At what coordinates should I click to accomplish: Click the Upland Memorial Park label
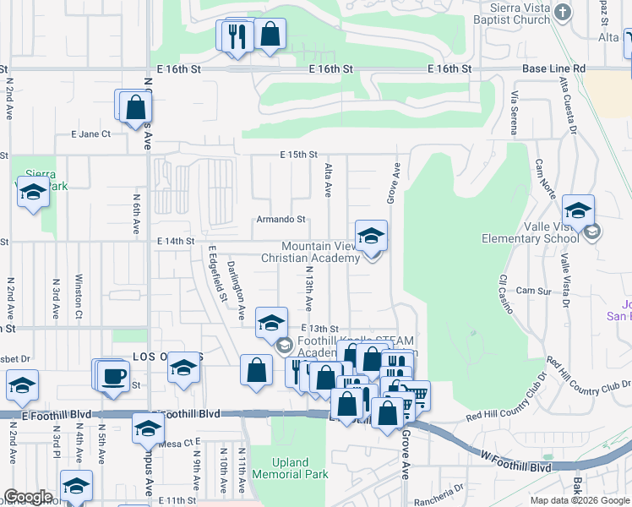301,468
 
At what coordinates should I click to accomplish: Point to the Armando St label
281,219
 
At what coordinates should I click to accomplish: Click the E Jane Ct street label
90,134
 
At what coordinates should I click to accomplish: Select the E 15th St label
298,155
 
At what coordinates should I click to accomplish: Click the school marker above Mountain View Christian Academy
370,237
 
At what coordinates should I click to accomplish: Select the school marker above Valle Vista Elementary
578,211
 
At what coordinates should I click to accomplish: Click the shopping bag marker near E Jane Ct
135,107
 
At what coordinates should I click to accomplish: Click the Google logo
28,497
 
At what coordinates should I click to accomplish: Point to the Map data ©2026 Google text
579,500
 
